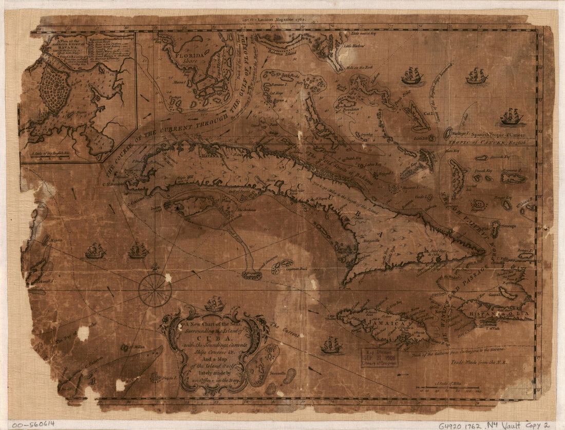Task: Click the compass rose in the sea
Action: click(x=155, y=290)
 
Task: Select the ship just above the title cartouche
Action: click(x=215, y=305)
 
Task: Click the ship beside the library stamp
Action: click(x=332, y=345)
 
